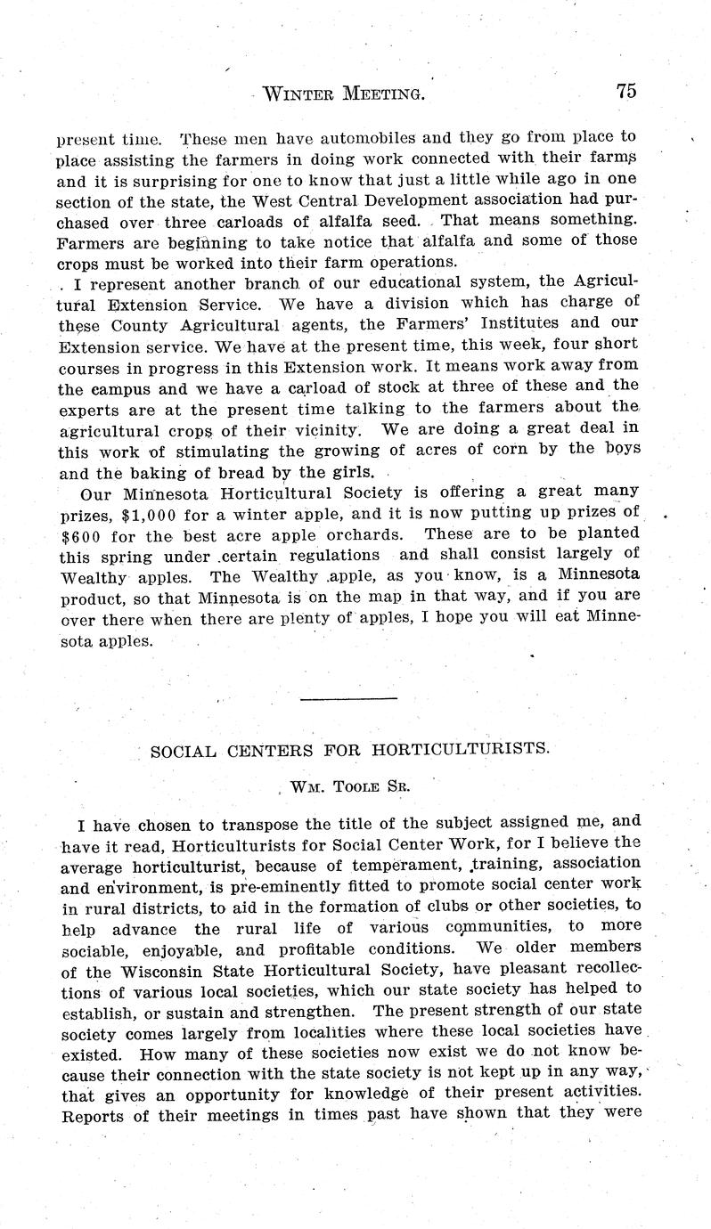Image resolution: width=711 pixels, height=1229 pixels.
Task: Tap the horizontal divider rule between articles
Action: tap(348, 698)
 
